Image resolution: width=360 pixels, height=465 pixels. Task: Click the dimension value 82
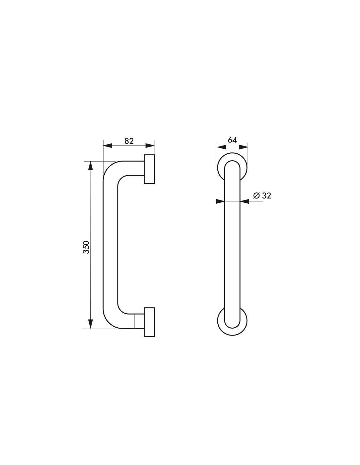[x=129, y=141]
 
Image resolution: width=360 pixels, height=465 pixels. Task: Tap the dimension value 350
[x=86, y=247]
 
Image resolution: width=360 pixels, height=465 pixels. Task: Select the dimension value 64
[x=232, y=140]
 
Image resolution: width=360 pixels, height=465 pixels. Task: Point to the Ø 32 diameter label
[x=262, y=196]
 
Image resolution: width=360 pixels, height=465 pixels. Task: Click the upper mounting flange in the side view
[x=149, y=169]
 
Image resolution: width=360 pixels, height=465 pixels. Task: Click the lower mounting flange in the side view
[x=149, y=322]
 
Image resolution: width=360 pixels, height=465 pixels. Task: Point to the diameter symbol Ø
[x=257, y=196]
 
